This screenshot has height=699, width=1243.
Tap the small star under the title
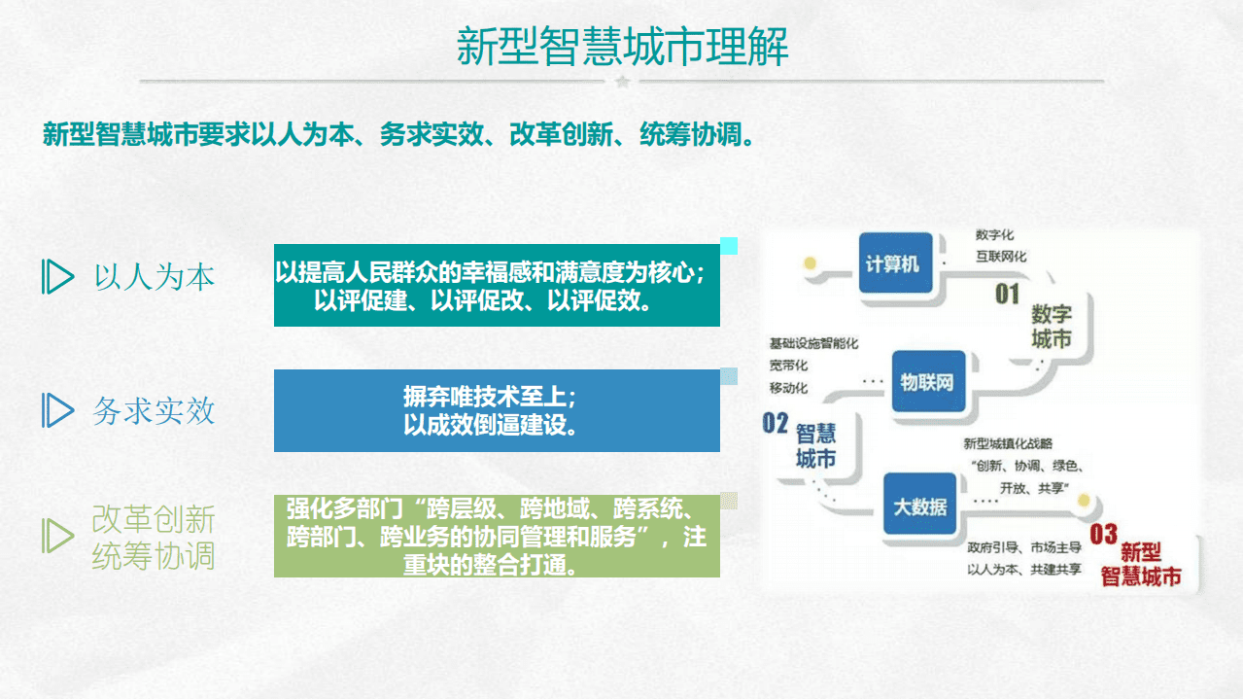pos(623,82)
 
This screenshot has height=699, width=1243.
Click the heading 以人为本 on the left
pos(155,277)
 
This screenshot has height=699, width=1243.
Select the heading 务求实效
pos(154,411)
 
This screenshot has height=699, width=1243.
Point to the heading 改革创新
pos(154,519)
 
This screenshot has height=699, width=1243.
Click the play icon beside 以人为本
pos(58,277)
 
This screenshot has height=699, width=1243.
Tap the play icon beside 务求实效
pos(58,410)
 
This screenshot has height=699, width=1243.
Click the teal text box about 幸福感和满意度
pos(497,285)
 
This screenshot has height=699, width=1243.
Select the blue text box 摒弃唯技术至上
pos(497,410)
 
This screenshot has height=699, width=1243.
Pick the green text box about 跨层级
pos(497,536)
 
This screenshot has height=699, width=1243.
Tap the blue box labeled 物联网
pos(927,382)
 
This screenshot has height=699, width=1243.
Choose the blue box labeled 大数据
pos(919,507)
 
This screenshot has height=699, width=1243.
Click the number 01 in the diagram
pos(1007,294)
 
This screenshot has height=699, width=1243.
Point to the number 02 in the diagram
pos(775,423)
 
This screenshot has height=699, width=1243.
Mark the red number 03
pos(1103,534)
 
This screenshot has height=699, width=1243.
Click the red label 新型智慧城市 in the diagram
pos(1141,565)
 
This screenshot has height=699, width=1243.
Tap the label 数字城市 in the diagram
pos(1051,327)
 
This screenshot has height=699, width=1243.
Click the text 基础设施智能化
pos(813,343)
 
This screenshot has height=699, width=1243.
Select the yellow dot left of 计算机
pos(809,262)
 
